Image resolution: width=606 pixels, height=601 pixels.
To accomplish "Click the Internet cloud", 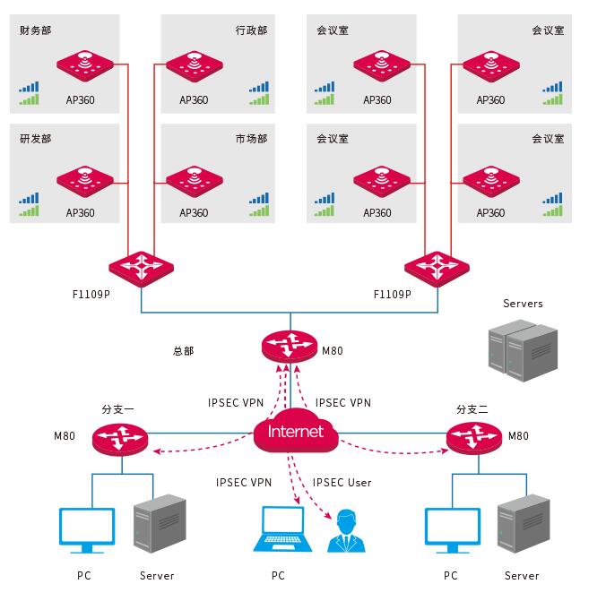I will click(295, 434).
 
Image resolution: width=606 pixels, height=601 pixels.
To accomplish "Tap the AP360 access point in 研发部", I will click(86, 179).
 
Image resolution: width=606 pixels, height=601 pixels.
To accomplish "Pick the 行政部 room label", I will click(251, 30).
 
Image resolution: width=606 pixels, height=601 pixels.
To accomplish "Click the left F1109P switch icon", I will click(142, 266).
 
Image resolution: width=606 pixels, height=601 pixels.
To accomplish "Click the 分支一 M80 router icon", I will click(117, 437).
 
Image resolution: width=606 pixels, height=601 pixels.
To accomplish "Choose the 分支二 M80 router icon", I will click(474, 437).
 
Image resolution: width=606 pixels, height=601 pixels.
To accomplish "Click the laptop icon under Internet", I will click(278, 529).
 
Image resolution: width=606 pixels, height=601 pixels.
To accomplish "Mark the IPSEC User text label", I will click(342, 483).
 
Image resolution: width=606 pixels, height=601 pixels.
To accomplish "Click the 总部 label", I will click(183, 351).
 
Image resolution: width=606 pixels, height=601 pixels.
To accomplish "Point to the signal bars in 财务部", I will click(30, 93).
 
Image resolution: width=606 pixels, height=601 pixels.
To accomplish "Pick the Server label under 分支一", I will click(157, 575).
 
